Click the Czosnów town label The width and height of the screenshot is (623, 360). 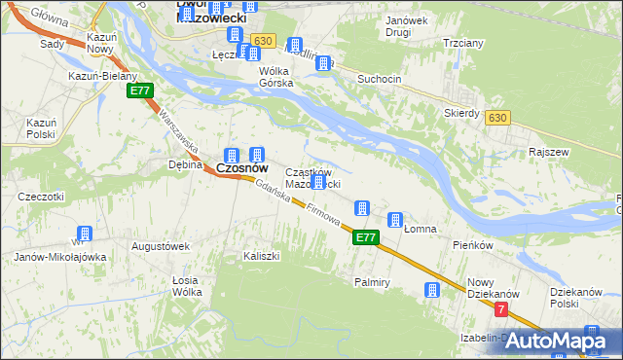[241, 168]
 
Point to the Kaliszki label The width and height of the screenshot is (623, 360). [262, 256]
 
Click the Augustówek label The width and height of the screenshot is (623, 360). [161, 247]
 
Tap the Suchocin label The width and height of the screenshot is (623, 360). [381, 78]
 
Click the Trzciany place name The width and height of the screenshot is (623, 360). [463, 44]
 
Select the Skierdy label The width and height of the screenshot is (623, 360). [461, 113]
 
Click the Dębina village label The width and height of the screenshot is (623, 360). [184, 164]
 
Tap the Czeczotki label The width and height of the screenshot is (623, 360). [41, 197]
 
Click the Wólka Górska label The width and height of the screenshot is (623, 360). [275, 77]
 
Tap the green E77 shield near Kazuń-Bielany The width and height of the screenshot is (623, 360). [139, 90]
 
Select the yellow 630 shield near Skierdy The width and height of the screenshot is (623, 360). [498, 118]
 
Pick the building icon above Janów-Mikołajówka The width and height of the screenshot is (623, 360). [85, 234]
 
